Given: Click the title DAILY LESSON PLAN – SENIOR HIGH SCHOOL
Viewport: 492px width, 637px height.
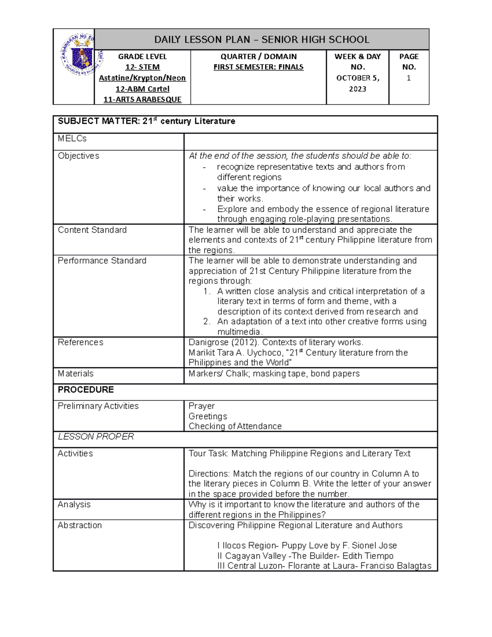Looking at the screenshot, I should [262, 40].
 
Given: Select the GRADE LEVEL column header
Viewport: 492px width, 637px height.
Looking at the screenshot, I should [142, 57].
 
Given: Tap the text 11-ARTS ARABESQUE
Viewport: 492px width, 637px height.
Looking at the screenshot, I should [142, 99].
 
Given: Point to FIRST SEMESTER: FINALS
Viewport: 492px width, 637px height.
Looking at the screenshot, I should [258, 67].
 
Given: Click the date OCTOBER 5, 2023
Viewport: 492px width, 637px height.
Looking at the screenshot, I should [358, 83].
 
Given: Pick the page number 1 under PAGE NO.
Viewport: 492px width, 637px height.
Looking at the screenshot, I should [408, 78].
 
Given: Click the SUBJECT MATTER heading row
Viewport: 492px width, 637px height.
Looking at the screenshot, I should [146, 121].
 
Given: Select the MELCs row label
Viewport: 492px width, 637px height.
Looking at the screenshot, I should [72, 139].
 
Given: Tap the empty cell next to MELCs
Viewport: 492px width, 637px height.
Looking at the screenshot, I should [310, 142].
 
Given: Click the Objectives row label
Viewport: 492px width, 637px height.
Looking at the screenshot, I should [78, 156].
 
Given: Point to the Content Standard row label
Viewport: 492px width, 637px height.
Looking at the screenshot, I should [92, 230].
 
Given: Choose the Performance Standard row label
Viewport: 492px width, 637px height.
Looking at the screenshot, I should [102, 261].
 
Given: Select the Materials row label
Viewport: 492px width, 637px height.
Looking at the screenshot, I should [75, 374].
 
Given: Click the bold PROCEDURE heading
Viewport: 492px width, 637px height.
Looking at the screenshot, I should [86, 390].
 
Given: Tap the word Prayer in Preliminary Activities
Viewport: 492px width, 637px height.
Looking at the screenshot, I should [201, 406].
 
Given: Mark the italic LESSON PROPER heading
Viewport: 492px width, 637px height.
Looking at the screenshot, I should [96, 437].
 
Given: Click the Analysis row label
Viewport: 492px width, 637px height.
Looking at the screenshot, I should [74, 505].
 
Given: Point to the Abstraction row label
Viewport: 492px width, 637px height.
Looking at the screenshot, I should [80, 525].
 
